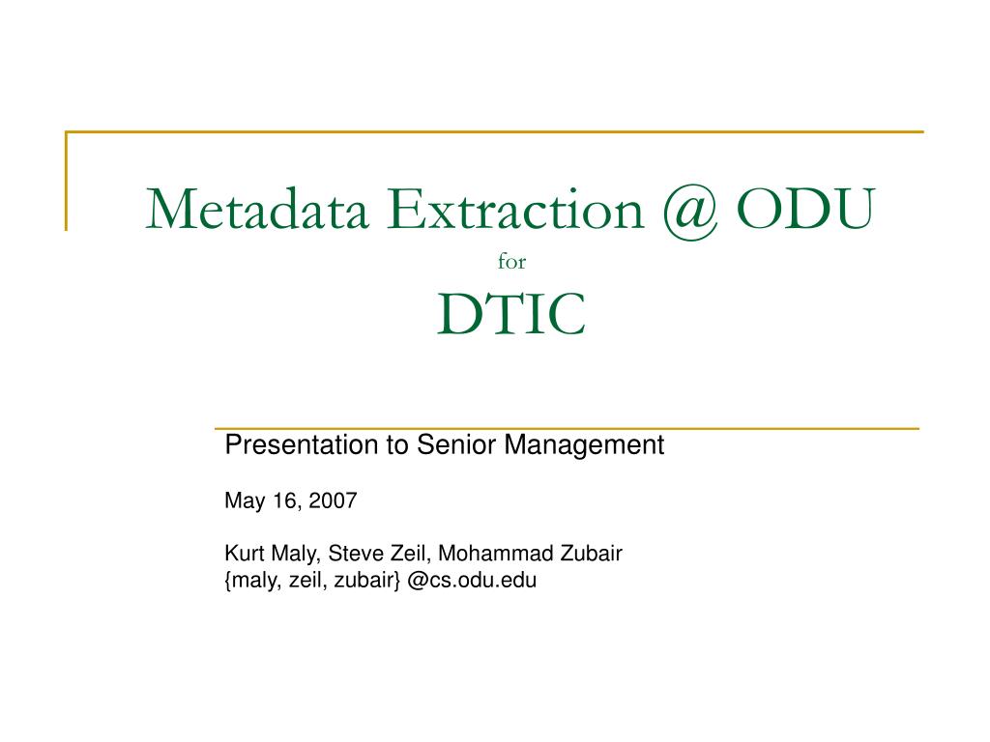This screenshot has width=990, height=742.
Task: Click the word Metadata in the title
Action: [x=257, y=209]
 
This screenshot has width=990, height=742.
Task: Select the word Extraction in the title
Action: [x=515, y=209]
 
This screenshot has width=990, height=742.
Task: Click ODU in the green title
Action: [x=805, y=209]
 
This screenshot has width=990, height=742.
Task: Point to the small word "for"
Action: [x=511, y=261]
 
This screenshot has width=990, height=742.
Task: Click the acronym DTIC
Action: [x=511, y=314]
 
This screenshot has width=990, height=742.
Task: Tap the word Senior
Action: [x=456, y=444]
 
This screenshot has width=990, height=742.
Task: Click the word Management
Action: [x=583, y=445]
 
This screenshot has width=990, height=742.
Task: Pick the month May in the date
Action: [x=245, y=501]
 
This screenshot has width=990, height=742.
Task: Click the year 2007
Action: [x=333, y=500]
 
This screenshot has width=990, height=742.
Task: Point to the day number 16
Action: [x=285, y=501]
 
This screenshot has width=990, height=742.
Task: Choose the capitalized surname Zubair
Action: [x=592, y=553]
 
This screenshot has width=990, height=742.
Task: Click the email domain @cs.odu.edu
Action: [x=472, y=580]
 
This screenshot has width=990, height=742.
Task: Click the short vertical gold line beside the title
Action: [x=66, y=181]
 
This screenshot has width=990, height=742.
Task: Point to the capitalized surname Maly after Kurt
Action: [x=296, y=554]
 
